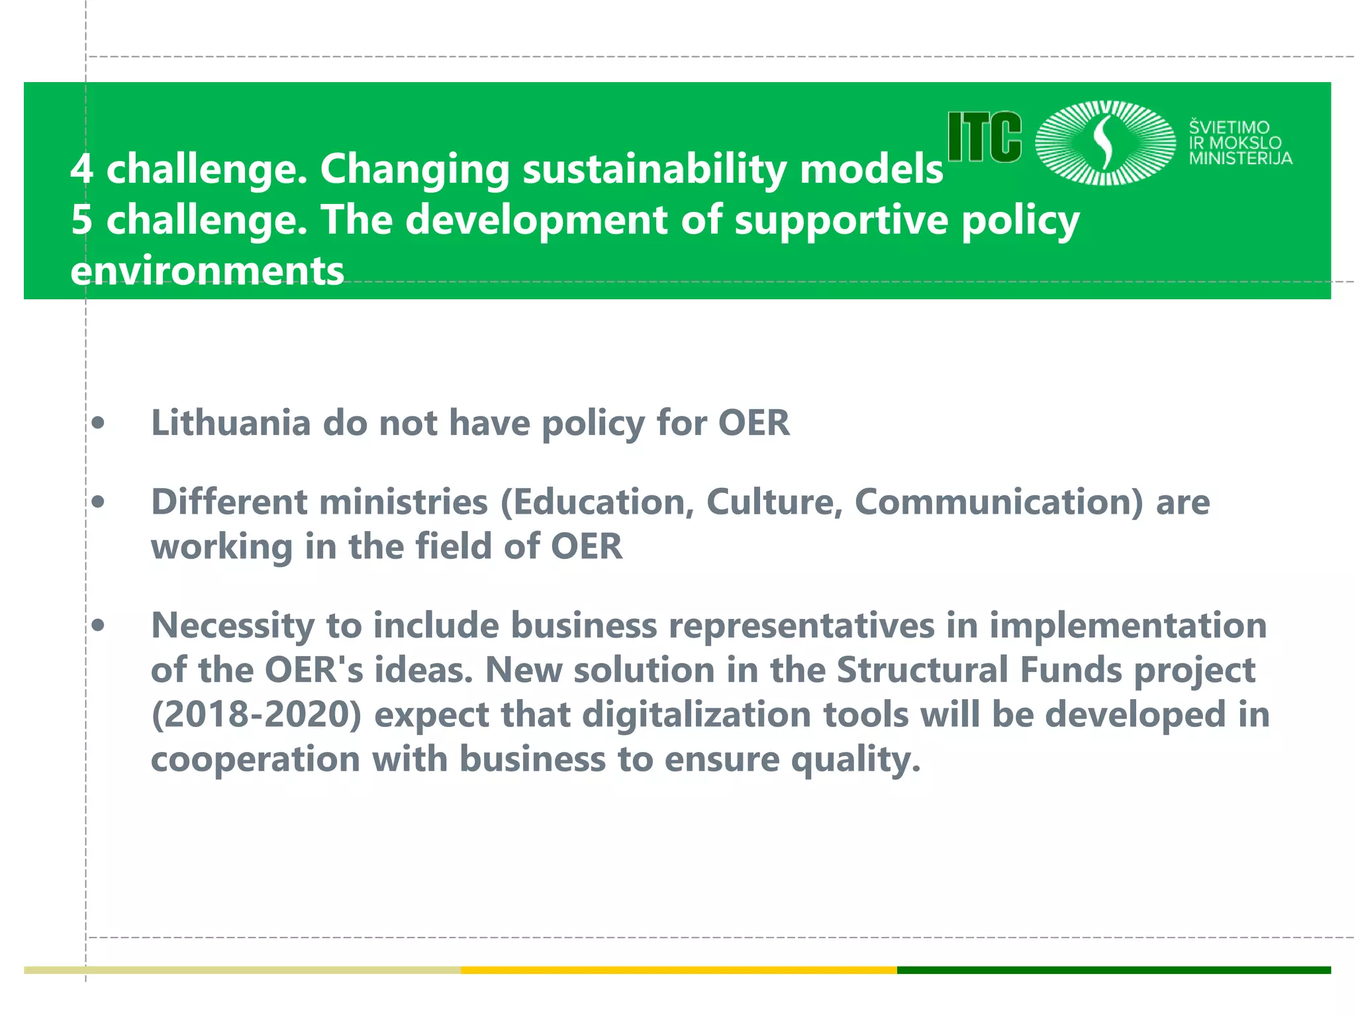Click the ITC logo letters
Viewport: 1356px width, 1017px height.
pyautogui.click(x=985, y=137)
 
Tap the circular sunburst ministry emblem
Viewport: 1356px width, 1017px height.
pyautogui.click(x=1104, y=142)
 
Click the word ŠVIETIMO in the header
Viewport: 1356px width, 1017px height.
pyautogui.click(x=1229, y=127)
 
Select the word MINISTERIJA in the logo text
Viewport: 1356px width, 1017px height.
pyautogui.click(x=1240, y=158)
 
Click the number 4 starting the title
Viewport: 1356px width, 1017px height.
pyautogui.click(x=81, y=169)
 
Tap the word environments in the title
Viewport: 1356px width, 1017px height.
pyautogui.click(x=207, y=271)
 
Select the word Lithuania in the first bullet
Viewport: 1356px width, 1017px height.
pyautogui.click(x=230, y=422)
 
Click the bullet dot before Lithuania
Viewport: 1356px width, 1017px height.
pyautogui.click(x=98, y=424)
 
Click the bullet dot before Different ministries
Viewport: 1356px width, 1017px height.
pyautogui.click(x=98, y=503)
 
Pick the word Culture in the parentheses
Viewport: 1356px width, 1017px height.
pyautogui.click(x=774, y=502)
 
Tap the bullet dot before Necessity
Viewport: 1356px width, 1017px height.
pyautogui.click(x=98, y=626)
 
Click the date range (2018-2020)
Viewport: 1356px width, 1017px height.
pyautogui.click(x=256, y=715)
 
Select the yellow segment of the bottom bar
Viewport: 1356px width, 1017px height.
pyautogui.click(x=679, y=970)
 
